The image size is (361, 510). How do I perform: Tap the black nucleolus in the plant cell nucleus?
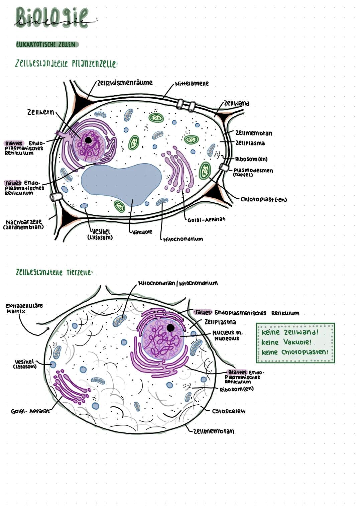point(88,140)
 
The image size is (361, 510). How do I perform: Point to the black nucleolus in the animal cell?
point(170,328)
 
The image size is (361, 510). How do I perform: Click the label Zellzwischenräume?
point(125,83)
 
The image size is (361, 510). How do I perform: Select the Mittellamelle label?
point(192,83)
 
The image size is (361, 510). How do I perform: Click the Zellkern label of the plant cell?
point(40,112)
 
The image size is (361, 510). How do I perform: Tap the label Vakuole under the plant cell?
point(142,232)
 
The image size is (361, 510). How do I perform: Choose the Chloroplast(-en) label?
point(264,199)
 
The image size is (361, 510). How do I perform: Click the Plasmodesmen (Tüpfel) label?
point(253,172)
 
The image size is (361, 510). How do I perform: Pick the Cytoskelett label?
point(229,411)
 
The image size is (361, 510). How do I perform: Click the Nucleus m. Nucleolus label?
point(227,335)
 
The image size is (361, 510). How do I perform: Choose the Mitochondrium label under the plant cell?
point(183,239)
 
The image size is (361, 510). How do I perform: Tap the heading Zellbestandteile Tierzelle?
point(53,273)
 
